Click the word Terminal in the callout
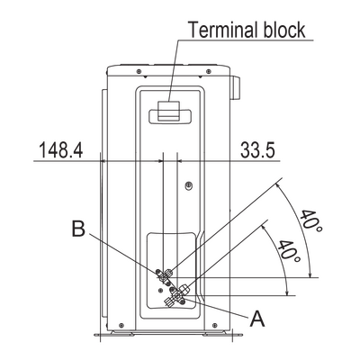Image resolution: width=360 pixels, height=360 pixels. [222, 30]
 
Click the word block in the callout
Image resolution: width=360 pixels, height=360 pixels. [284, 30]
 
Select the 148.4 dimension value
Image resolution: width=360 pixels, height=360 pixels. [61, 149]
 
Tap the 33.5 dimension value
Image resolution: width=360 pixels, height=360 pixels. [257, 149]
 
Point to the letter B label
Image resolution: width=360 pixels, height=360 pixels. [78, 229]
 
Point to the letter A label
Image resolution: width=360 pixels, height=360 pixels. [257, 319]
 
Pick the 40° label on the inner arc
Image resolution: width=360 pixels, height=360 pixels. [289, 251]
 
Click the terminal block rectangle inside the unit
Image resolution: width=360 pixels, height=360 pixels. [169, 112]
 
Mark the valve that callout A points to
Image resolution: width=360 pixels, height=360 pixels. [177, 296]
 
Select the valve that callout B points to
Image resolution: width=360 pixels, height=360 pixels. [164, 276]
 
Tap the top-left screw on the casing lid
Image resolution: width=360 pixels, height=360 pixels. [139, 71]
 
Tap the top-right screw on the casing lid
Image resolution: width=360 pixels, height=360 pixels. [208, 71]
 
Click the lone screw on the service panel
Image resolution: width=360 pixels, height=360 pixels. [189, 185]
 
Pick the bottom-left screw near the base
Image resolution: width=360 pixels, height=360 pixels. [121, 325]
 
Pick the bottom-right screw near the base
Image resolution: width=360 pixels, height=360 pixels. [215, 325]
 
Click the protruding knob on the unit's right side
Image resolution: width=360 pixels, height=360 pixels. [235, 87]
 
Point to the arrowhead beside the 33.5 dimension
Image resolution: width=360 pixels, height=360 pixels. [180, 161]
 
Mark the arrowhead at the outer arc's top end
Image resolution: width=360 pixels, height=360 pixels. [278, 186]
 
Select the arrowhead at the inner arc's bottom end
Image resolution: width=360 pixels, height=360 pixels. [287, 292]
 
